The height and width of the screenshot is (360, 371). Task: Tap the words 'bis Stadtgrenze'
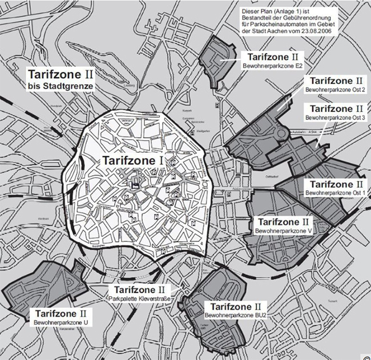[61, 86]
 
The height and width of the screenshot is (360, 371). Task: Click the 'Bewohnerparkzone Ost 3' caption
[335, 117]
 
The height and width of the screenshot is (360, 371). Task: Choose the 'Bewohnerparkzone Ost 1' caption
[335, 194]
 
